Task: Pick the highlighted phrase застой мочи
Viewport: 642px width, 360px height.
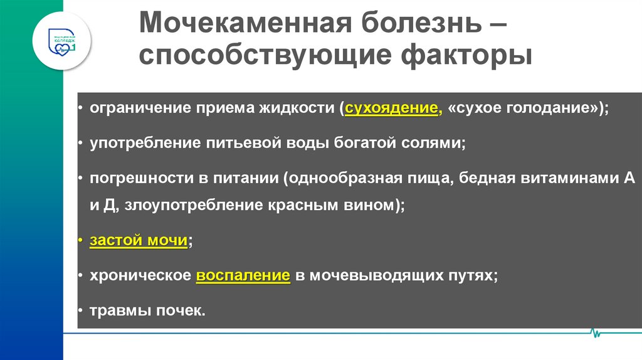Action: coord(139,240)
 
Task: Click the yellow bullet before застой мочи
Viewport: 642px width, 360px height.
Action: coord(81,240)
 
